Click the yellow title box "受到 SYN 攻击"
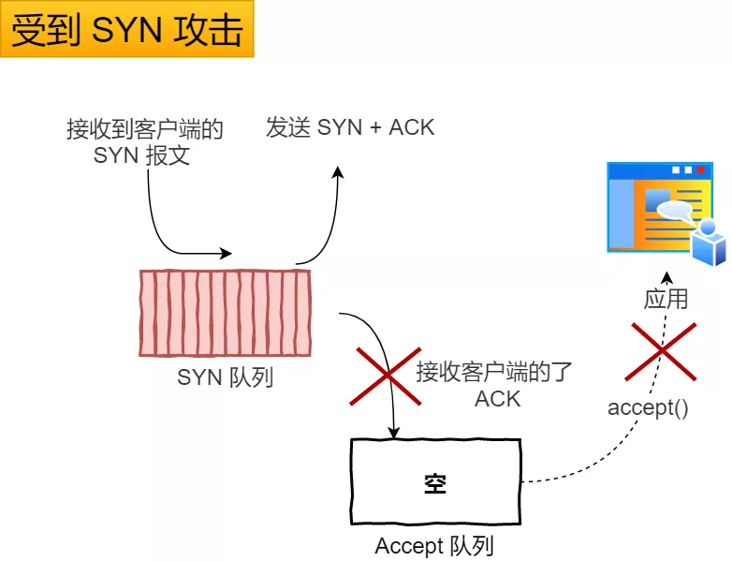click(x=127, y=30)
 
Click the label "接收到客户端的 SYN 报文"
click(x=144, y=142)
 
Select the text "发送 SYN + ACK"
click(x=350, y=128)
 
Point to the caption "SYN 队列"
click(x=225, y=378)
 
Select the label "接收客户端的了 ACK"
click(x=493, y=385)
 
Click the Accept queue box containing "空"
click(x=435, y=483)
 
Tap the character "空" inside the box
click(x=435, y=483)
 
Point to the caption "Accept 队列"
click(x=434, y=546)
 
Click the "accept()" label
click(x=648, y=407)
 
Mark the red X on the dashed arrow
click(x=663, y=350)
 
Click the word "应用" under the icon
click(x=666, y=299)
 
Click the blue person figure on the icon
click(x=708, y=241)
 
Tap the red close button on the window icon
click(x=700, y=170)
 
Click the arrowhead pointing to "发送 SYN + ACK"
click(x=339, y=172)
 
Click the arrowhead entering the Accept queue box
click(x=394, y=433)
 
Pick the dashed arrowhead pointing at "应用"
click(x=666, y=278)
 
